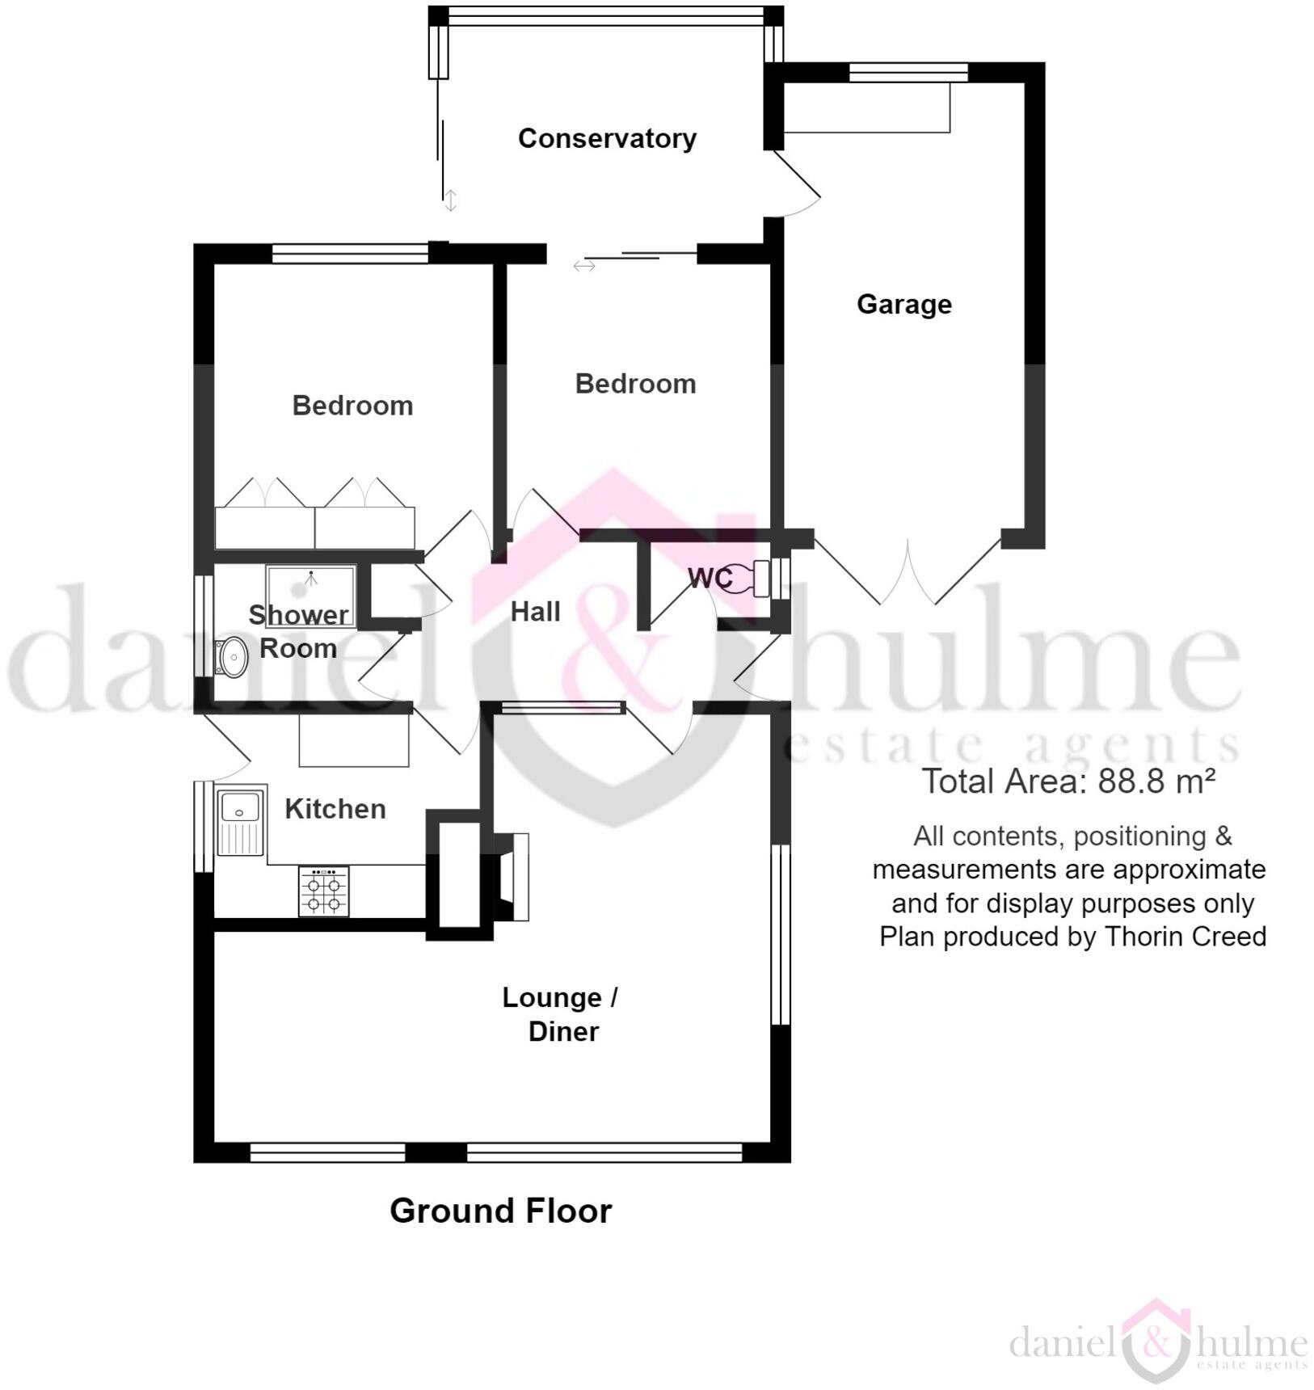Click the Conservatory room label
pyautogui.click(x=607, y=138)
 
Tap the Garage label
pyautogui.click(x=903, y=304)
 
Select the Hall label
pyautogui.click(x=535, y=612)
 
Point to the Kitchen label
pyautogui.click(x=335, y=809)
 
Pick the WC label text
pyautogui.click(x=710, y=578)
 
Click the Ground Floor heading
pyautogui.click(x=500, y=1211)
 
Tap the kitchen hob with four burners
pyautogui.click(x=323, y=891)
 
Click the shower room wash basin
pyautogui.click(x=233, y=658)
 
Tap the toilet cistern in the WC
pyautogui.click(x=760, y=578)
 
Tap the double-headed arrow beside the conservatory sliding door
pyautogui.click(x=451, y=200)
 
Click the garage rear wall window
pyautogui.click(x=908, y=73)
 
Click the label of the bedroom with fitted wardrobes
pyautogui.click(x=352, y=405)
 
